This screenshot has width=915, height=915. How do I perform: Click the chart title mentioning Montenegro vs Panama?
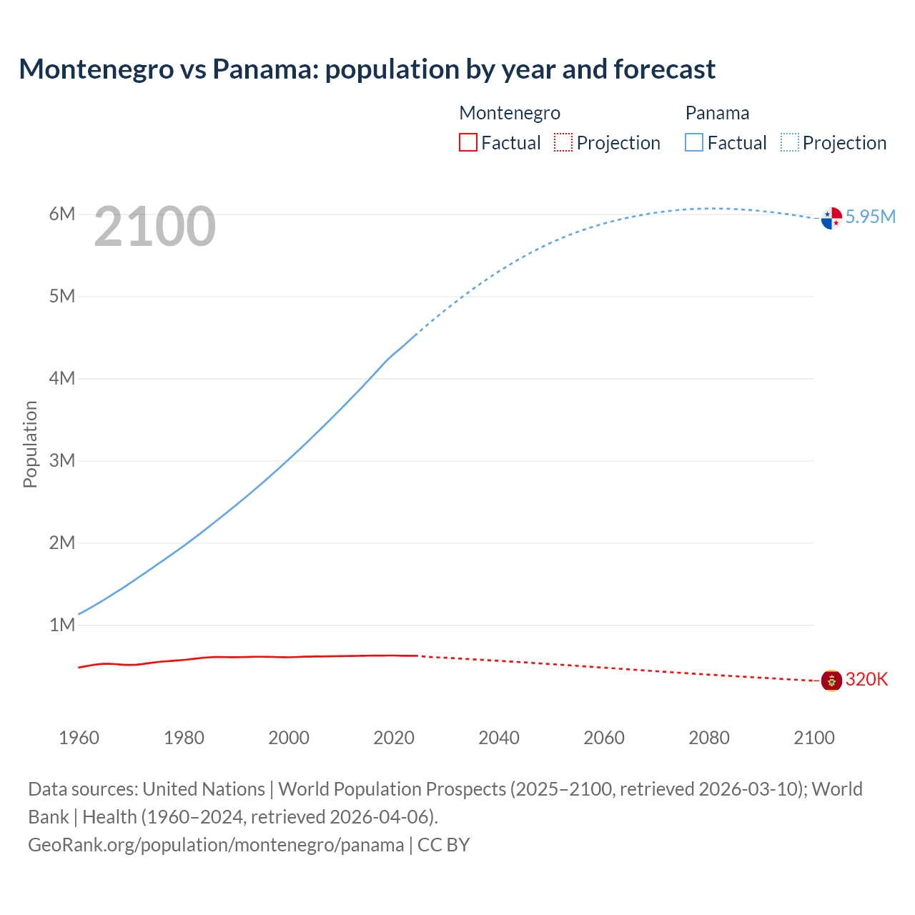[367, 69]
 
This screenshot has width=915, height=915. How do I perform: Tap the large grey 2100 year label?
[154, 227]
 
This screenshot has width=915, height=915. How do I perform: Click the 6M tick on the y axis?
[62, 214]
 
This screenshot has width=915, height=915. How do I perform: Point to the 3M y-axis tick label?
[62, 460]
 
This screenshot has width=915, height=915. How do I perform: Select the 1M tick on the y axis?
[62, 625]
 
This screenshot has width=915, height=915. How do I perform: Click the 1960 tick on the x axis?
[79, 738]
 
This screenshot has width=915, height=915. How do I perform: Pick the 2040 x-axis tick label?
[499, 738]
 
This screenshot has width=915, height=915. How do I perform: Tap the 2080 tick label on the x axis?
[709, 738]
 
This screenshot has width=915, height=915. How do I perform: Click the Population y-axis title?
[30, 444]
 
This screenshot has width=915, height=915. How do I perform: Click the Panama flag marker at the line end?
[831, 218]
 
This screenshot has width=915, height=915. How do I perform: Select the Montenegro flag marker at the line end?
[831, 681]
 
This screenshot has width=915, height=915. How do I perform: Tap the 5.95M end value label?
[870, 217]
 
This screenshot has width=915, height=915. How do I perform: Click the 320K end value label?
[866, 679]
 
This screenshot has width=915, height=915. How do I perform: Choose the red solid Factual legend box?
[468, 142]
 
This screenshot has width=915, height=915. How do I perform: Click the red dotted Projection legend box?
[563, 142]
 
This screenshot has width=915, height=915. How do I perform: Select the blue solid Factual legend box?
[694, 142]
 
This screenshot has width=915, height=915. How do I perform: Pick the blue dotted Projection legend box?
[789, 142]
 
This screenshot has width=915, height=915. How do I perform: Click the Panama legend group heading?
[717, 113]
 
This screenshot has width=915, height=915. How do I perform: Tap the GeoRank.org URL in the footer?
[216, 844]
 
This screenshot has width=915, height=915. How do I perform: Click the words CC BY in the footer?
[443, 844]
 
